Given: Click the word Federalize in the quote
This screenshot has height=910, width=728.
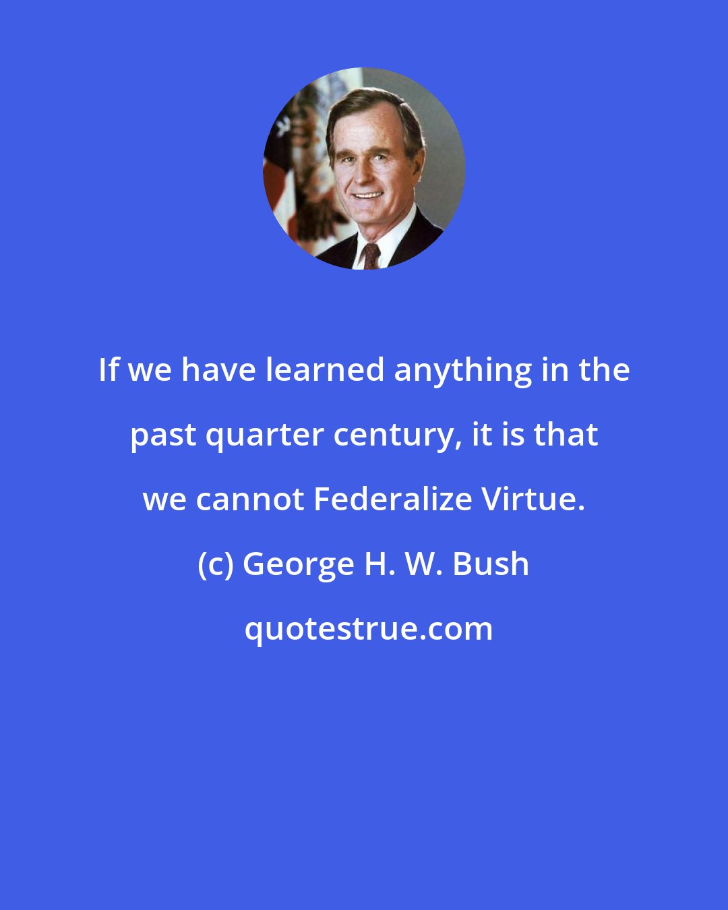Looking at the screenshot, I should [393, 499].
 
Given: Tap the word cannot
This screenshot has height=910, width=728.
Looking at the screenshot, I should [250, 499].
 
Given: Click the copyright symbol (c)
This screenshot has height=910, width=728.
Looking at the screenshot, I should [215, 564].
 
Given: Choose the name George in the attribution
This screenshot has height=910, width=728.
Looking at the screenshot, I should [298, 565].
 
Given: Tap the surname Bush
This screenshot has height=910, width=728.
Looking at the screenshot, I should [491, 564].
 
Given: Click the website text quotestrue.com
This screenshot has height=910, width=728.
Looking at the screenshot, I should [368, 629].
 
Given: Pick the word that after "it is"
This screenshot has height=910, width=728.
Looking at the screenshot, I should [566, 435].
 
